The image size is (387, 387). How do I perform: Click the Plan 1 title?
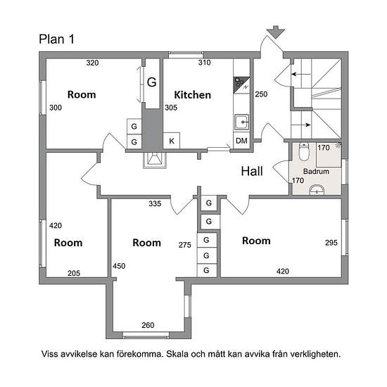(x=56, y=39)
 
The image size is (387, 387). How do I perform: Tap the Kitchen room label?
(x=193, y=95)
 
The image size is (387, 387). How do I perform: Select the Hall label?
(x=252, y=171)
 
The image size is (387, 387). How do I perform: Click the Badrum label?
(x=316, y=171)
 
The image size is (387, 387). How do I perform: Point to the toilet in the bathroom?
(x=304, y=151)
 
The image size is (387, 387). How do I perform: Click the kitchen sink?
(x=241, y=122)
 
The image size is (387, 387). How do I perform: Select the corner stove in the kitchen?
(x=241, y=84)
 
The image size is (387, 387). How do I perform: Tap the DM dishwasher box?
(x=241, y=141)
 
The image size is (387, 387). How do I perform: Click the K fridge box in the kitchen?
(x=172, y=141)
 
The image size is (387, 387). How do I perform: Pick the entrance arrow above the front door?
(x=276, y=32)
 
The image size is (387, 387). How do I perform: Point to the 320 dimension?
(x=92, y=63)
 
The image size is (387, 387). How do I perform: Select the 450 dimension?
(x=119, y=266)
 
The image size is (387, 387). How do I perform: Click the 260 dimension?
(x=148, y=325)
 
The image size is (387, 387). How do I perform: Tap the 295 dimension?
(x=331, y=243)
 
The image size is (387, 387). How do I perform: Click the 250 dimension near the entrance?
(x=261, y=94)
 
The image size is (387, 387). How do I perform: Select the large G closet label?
(x=152, y=82)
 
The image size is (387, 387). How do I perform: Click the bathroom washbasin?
(x=317, y=190)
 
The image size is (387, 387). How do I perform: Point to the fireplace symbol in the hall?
(x=155, y=160)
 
